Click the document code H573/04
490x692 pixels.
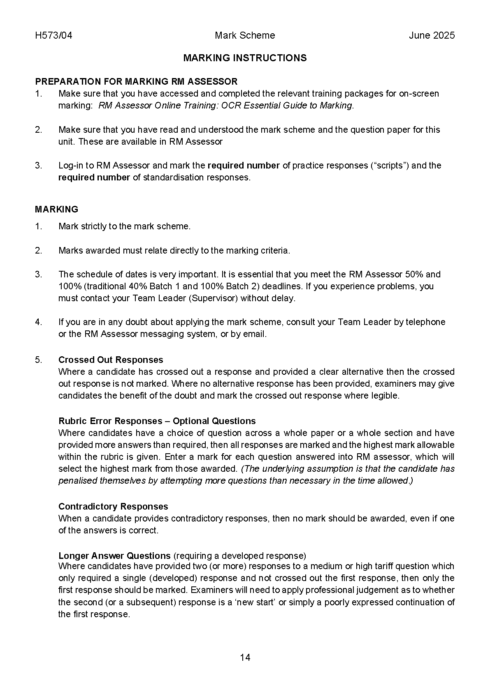(x=53, y=35)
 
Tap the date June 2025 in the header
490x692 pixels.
(x=432, y=35)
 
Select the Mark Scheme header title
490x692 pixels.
(x=245, y=35)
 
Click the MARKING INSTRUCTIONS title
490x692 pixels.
(x=245, y=58)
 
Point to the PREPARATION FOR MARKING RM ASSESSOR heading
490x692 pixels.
(x=136, y=81)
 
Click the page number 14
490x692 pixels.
(x=245, y=657)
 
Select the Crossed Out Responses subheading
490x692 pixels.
(x=111, y=360)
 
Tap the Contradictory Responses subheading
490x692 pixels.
(x=113, y=506)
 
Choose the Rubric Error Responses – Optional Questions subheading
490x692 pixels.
(x=157, y=421)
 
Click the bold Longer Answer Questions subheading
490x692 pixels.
(x=114, y=556)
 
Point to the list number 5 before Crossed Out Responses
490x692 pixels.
(x=38, y=360)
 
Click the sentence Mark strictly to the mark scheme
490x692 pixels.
(x=124, y=226)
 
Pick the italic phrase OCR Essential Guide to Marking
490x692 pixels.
(x=287, y=106)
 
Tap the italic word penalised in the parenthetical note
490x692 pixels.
(x=78, y=481)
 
